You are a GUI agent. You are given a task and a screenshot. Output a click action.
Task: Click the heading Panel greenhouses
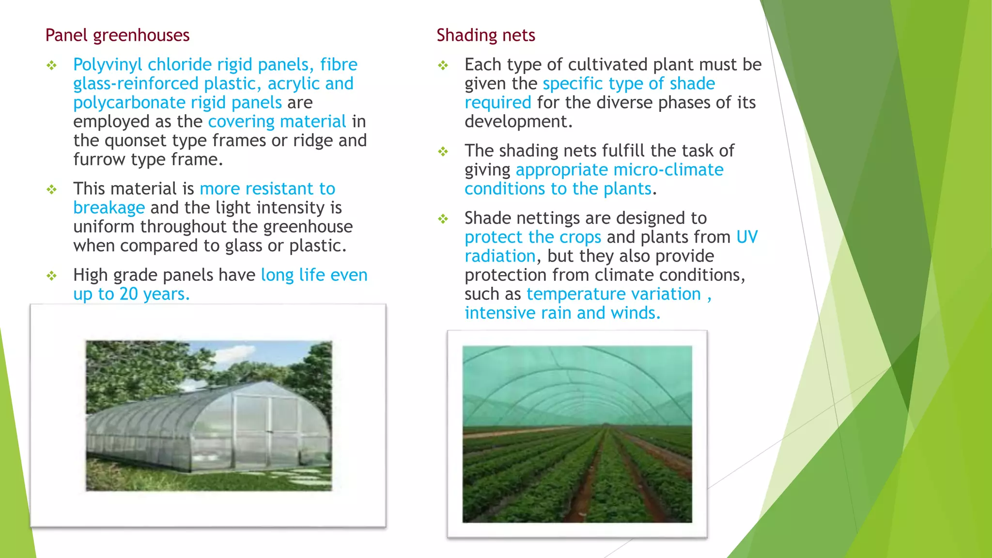click(x=117, y=35)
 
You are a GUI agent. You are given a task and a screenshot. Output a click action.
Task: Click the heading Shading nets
click(x=485, y=35)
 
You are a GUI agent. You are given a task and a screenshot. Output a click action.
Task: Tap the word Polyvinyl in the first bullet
click(x=108, y=65)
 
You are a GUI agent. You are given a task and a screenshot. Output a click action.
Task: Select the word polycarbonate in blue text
click(x=129, y=103)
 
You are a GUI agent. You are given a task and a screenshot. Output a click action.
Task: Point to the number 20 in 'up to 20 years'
click(x=128, y=294)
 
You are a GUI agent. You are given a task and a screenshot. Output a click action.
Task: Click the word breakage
click(x=109, y=208)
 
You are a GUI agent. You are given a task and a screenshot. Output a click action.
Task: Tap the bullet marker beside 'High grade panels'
click(x=52, y=276)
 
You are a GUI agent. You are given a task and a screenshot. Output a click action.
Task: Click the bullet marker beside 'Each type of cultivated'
click(x=443, y=65)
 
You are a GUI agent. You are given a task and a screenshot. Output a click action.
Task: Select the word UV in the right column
click(x=746, y=237)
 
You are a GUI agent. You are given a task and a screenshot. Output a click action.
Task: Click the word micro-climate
click(x=668, y=170)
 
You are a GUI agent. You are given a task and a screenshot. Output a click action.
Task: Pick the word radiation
click(x=500, y=256)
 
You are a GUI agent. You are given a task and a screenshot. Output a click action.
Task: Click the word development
click(x=518, y=122)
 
